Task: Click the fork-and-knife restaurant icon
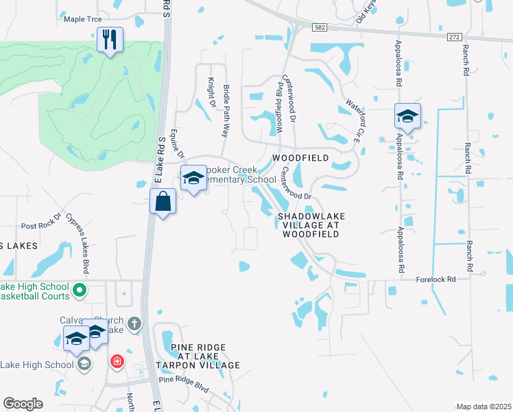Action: tap(109, 41)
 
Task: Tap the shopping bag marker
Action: tap(163, 202)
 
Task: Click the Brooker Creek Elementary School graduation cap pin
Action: tap(193, 179)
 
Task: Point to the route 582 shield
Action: tap(322, 27)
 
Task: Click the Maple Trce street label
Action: tap(82, 19)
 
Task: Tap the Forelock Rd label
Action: tap(436, 279)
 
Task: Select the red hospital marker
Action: tap(117, 360)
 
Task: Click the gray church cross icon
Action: tap(135, 323)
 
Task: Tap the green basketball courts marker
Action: tap(79, 291)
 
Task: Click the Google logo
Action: tap(23, 404)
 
